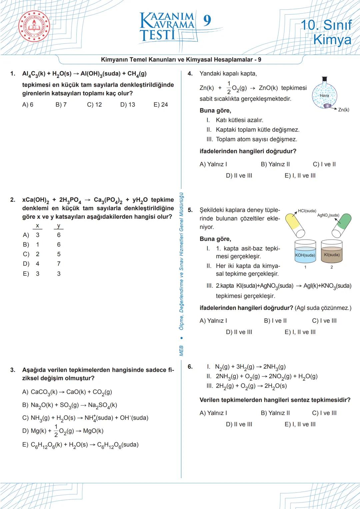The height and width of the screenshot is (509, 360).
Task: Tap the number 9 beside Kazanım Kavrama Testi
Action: tap(207, 21)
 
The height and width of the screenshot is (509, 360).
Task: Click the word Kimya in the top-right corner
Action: tap(332, 40)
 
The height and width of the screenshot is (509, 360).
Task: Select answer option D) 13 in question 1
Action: tap(128, 105)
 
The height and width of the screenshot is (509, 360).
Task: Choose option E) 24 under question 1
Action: tap(161, 105)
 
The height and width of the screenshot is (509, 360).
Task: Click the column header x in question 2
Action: tap(37, 226)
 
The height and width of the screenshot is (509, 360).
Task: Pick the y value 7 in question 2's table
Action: tap(59, 264)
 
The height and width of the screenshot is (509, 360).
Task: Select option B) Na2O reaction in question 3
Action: tap(69, 405)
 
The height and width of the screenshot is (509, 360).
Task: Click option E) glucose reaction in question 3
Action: tap(80, 445)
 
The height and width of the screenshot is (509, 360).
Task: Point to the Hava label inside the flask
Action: tap(324, 96)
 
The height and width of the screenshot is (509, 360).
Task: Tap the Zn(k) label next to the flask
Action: tap(343, 110)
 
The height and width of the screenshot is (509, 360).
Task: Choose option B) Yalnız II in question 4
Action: tap(275, 164)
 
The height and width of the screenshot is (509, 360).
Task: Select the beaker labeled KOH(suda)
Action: tap(305, 253)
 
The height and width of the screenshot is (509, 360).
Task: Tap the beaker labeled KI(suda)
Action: tap(332, 253)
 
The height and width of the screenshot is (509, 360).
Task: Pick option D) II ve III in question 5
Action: tap(239, 332)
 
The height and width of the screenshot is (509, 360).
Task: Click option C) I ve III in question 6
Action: tap(324, 413)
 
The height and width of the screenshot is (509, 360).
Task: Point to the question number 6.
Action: tap(190, 367)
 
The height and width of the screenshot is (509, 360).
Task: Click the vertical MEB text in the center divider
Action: tap(181, 350)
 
